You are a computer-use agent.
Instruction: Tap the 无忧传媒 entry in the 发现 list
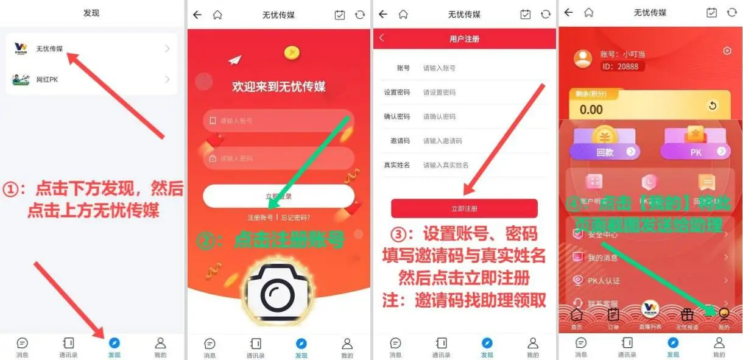click(91, 48)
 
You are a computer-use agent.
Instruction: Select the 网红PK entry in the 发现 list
click(91, 79)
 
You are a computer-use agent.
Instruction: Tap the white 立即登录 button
click(278, 196)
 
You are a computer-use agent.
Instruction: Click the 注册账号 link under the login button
click(260, 217)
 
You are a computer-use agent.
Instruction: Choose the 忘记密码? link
click(295, 217)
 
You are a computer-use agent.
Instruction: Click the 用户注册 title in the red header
click(464, 38)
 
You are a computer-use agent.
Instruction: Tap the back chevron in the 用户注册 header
click(382, 38)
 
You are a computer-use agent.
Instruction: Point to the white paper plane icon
click(235, 60)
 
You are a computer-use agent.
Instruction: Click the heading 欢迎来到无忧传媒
click(278, 86)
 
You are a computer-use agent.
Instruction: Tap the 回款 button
click(605, 152)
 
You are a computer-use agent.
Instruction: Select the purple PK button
click(695, 152)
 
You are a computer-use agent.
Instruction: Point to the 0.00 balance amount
click(591, 110)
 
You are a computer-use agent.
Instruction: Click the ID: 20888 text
click(619, 66)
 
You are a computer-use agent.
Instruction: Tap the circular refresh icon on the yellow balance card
click(713, 105)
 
